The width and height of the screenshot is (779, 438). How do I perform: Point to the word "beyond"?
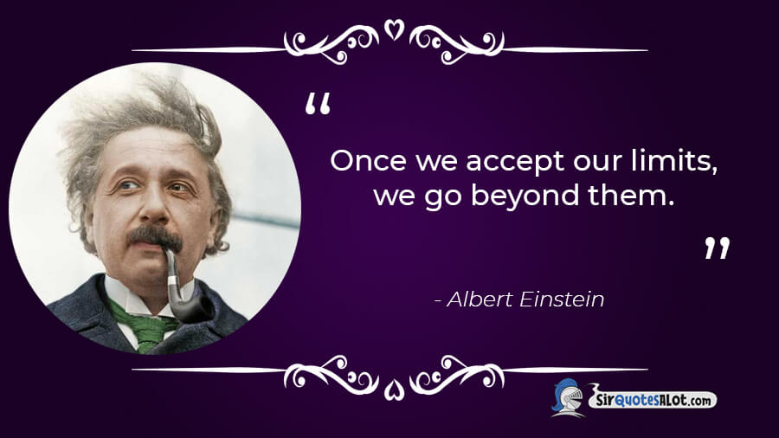[x=525, y=196]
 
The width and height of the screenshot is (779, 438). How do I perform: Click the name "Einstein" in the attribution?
[x=562, y=300]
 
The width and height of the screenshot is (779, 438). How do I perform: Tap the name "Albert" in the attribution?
[x=480, y=300]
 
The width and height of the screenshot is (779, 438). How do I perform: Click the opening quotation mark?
[x=318, y=103]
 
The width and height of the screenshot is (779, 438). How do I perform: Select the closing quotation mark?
[x=718, y=248]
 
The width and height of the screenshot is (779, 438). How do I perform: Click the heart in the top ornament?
[x=394, y=29]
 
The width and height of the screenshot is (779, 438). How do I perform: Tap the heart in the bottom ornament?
[x=394, y=390]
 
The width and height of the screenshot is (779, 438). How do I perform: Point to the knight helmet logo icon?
[x=567, y=397]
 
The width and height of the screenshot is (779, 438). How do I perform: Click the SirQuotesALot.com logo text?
[x=653, y=399]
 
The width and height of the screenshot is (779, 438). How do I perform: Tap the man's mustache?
[x=155, y=237]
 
